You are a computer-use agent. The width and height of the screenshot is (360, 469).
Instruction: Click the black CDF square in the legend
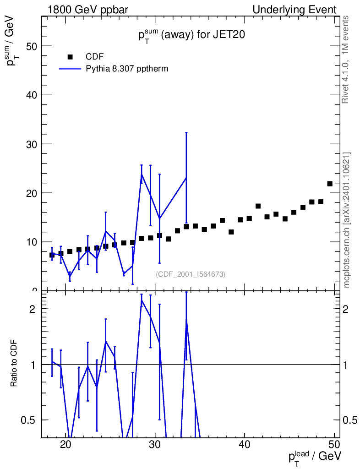click(x=70, y=57)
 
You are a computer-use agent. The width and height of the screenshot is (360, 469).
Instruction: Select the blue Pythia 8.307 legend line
click(x=70, y=69)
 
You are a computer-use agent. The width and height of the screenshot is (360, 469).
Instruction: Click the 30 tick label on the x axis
click(x=155, y=444)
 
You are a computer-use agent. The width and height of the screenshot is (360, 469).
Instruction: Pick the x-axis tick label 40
click(x=245, y=444)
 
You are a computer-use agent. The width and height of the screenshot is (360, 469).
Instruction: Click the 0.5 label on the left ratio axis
click(x=28, y=420)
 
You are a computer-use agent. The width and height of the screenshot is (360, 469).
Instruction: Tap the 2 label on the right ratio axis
click(x=345, y=309)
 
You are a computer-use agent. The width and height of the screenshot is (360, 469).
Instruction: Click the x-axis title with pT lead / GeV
click(x=315, y=457)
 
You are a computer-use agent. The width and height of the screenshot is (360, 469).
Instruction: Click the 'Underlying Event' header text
click(x=295, y=10)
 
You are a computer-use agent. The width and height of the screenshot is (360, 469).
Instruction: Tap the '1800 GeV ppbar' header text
click(x=88, y=10)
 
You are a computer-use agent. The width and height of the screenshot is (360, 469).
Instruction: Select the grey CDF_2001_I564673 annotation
click(x=191, y=274)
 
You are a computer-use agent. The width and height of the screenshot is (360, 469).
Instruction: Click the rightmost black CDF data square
click(x=330, y=184)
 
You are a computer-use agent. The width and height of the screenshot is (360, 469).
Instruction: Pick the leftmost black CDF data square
click(x=52, y=255)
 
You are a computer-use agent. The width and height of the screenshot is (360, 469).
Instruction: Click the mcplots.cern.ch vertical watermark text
click(x=346, y=220)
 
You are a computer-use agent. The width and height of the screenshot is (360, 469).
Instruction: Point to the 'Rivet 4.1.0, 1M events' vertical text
click(x=346, y=60)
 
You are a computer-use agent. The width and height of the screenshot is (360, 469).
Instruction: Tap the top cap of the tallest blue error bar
click(x=186, y=132)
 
